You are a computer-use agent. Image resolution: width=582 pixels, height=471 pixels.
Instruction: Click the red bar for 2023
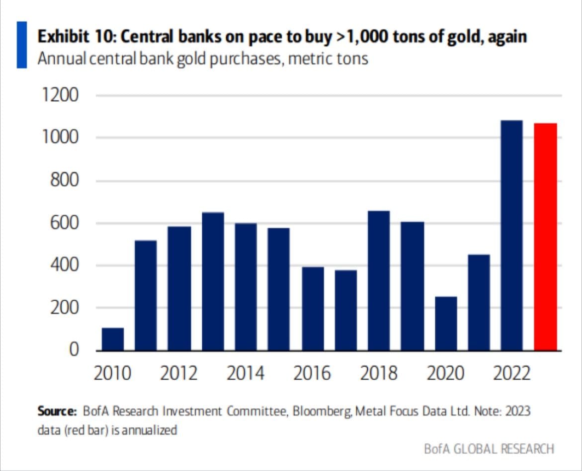(x=545, y=237)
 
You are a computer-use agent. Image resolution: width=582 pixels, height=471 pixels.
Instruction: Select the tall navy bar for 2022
(x=512, y=235)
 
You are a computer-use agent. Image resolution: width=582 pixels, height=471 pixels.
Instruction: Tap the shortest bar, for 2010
(x=113, y=339)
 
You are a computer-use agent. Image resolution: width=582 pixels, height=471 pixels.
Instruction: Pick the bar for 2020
(x=446, y=324)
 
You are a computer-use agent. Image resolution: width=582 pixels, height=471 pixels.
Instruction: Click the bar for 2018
(x=379, y=280)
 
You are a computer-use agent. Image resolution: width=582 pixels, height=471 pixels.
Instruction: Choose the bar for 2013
(x=213, y=281)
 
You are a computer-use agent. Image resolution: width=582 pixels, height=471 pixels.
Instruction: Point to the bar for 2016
(x=313, y=309)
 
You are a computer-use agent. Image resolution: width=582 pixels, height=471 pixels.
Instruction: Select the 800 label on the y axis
(x=64, y=181)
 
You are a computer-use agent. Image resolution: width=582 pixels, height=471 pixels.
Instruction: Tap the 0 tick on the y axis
(x=74, y=350)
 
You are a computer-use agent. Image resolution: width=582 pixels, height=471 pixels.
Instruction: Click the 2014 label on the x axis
(x=246, y=373)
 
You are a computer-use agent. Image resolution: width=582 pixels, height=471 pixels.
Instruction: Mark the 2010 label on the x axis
(x=113, y=373)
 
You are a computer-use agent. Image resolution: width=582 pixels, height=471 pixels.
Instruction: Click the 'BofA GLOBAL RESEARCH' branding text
(x=489, y=449)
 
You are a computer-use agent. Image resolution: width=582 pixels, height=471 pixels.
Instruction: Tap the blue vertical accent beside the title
(x=22, y=45)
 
